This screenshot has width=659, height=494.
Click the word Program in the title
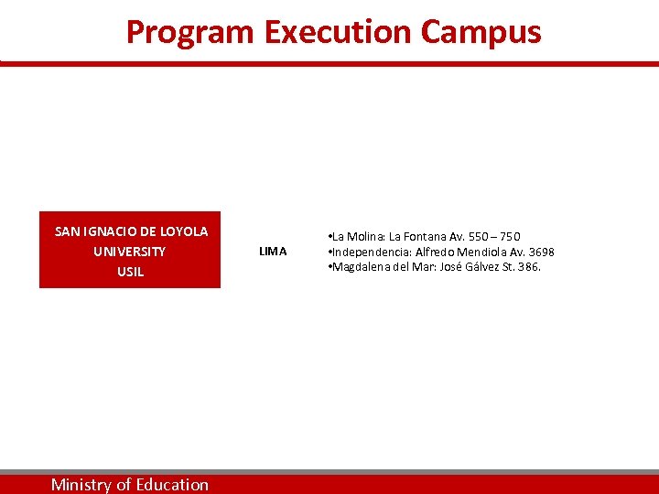(x=190, y=32)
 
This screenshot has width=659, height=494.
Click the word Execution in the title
(x=338, y=32)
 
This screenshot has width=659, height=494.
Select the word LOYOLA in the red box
(x=184, y=231)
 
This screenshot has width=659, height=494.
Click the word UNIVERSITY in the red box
(x=130, y=252)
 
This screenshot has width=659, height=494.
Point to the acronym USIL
(x=130, y=272)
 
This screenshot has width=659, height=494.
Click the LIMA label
(x=273, y=252)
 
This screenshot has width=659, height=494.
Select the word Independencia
(x=371, y=252)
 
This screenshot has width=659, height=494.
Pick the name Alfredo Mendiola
(x=458, y=252)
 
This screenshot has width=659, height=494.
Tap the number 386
(x=528, y=267)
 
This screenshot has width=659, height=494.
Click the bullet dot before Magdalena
(x=329, y=267)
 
